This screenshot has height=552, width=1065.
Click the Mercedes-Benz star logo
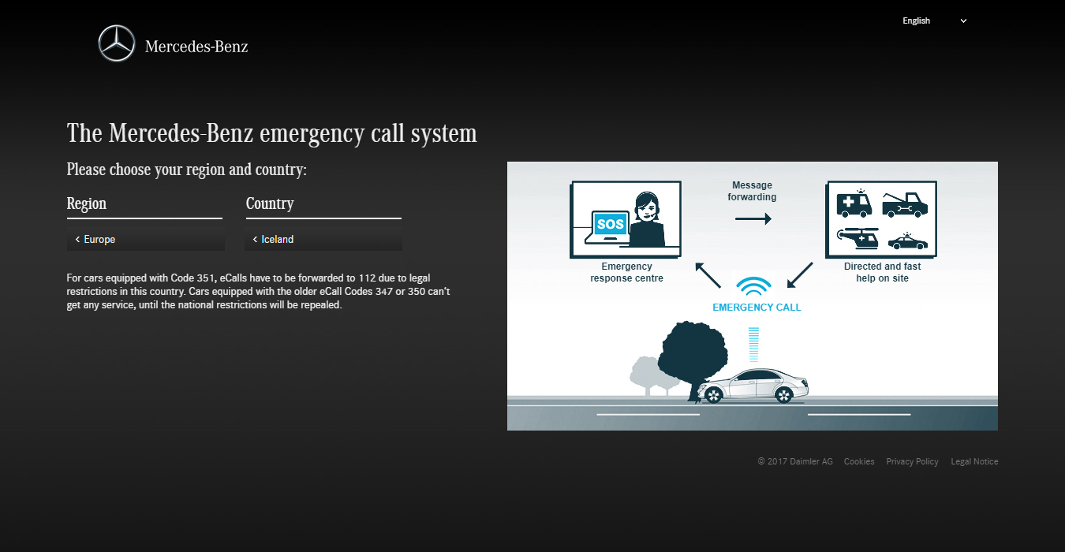(x=117, y=43)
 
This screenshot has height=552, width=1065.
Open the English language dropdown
(x=934, y=21)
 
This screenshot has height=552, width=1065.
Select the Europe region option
(x=145, y=239)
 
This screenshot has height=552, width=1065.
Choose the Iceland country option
(x=323, y=239)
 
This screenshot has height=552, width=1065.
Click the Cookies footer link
(x=859, y=462)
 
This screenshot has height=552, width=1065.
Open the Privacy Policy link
(x=912, y=462)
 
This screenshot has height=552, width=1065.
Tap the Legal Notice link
(x=974, y=462)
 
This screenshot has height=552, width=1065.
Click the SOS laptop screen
(x=610, y=224)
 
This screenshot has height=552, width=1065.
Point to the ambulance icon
(x=854, y=203)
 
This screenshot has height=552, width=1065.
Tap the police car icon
(x=907, y=241)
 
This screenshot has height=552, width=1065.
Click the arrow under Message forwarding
(x=753, y=219)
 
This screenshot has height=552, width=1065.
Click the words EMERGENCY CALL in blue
(x=757, y=308)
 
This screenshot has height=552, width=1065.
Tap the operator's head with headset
(x=648, y=207)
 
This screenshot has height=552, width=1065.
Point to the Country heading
(x=270, y=203)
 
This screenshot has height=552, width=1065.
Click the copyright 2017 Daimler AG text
(x=795, y=462)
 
